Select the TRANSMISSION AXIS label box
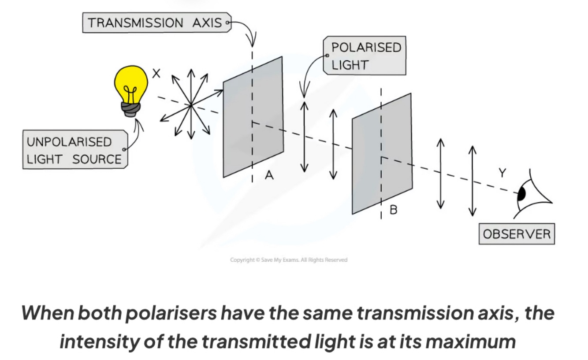[x=155, y=23]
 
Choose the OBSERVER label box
[x=517, y=234]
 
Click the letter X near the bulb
[x=156, y=74]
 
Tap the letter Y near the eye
[x=502, y=174]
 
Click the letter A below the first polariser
[x=269, y=175]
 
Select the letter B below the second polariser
[x=393, y=210]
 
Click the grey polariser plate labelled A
[x=253, y=117]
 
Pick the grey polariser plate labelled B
[x=382, y=154]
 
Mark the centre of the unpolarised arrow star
[x=190, y=105]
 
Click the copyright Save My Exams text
[x=288, y=260]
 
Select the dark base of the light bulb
[x=131, y=108]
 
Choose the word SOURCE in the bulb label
[x=97, y=160]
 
